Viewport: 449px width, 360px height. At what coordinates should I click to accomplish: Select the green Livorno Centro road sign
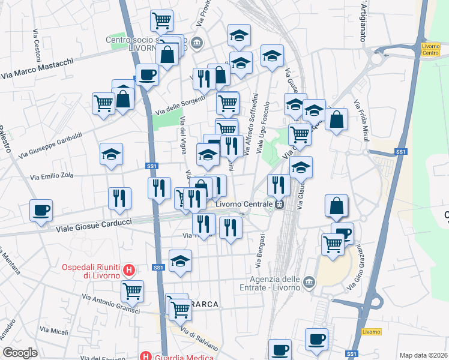430,49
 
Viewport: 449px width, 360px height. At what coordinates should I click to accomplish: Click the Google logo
20,352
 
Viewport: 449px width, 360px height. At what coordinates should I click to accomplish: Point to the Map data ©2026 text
424,355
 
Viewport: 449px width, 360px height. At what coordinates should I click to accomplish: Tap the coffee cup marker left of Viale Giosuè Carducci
41,211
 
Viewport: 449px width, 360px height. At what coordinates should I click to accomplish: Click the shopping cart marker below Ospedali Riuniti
132,292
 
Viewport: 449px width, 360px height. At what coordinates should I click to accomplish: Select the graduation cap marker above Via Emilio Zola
111,155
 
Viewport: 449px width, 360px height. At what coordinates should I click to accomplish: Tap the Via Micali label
53,330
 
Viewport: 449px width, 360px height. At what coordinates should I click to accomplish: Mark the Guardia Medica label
184,357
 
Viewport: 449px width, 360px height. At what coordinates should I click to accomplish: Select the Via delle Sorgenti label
181,103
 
